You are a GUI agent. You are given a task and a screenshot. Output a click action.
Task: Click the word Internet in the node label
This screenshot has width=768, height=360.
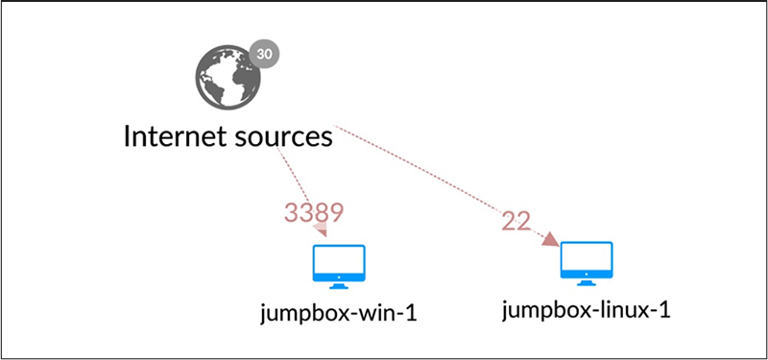pyautogui.click(x=180, y=136)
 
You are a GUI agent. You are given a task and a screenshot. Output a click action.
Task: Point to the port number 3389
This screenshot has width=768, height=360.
pyautogui.click(x=314, y=212)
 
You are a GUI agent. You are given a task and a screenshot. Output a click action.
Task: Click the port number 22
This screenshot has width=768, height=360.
pyautogui.click(x=516, y=220)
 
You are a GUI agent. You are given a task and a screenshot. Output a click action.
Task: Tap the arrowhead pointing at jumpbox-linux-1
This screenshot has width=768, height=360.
pyautogui.click(x=550, y=239)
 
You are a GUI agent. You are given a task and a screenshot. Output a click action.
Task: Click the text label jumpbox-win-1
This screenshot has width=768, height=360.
pyautogui.click(x=340, y=313)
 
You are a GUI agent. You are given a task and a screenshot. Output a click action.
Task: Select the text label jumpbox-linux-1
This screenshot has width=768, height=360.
pyautogui.click(x=586, y=309)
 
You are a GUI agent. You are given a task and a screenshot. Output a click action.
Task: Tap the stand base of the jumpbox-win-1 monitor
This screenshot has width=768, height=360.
pyautogui.click(x=340, y=285)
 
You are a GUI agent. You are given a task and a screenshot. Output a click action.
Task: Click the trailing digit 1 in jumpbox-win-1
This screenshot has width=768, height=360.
pyautogui.click(x=413, y=313)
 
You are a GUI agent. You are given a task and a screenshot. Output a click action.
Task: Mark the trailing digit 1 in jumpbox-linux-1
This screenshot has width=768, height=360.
pyautogui.click(x=663, y=309)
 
